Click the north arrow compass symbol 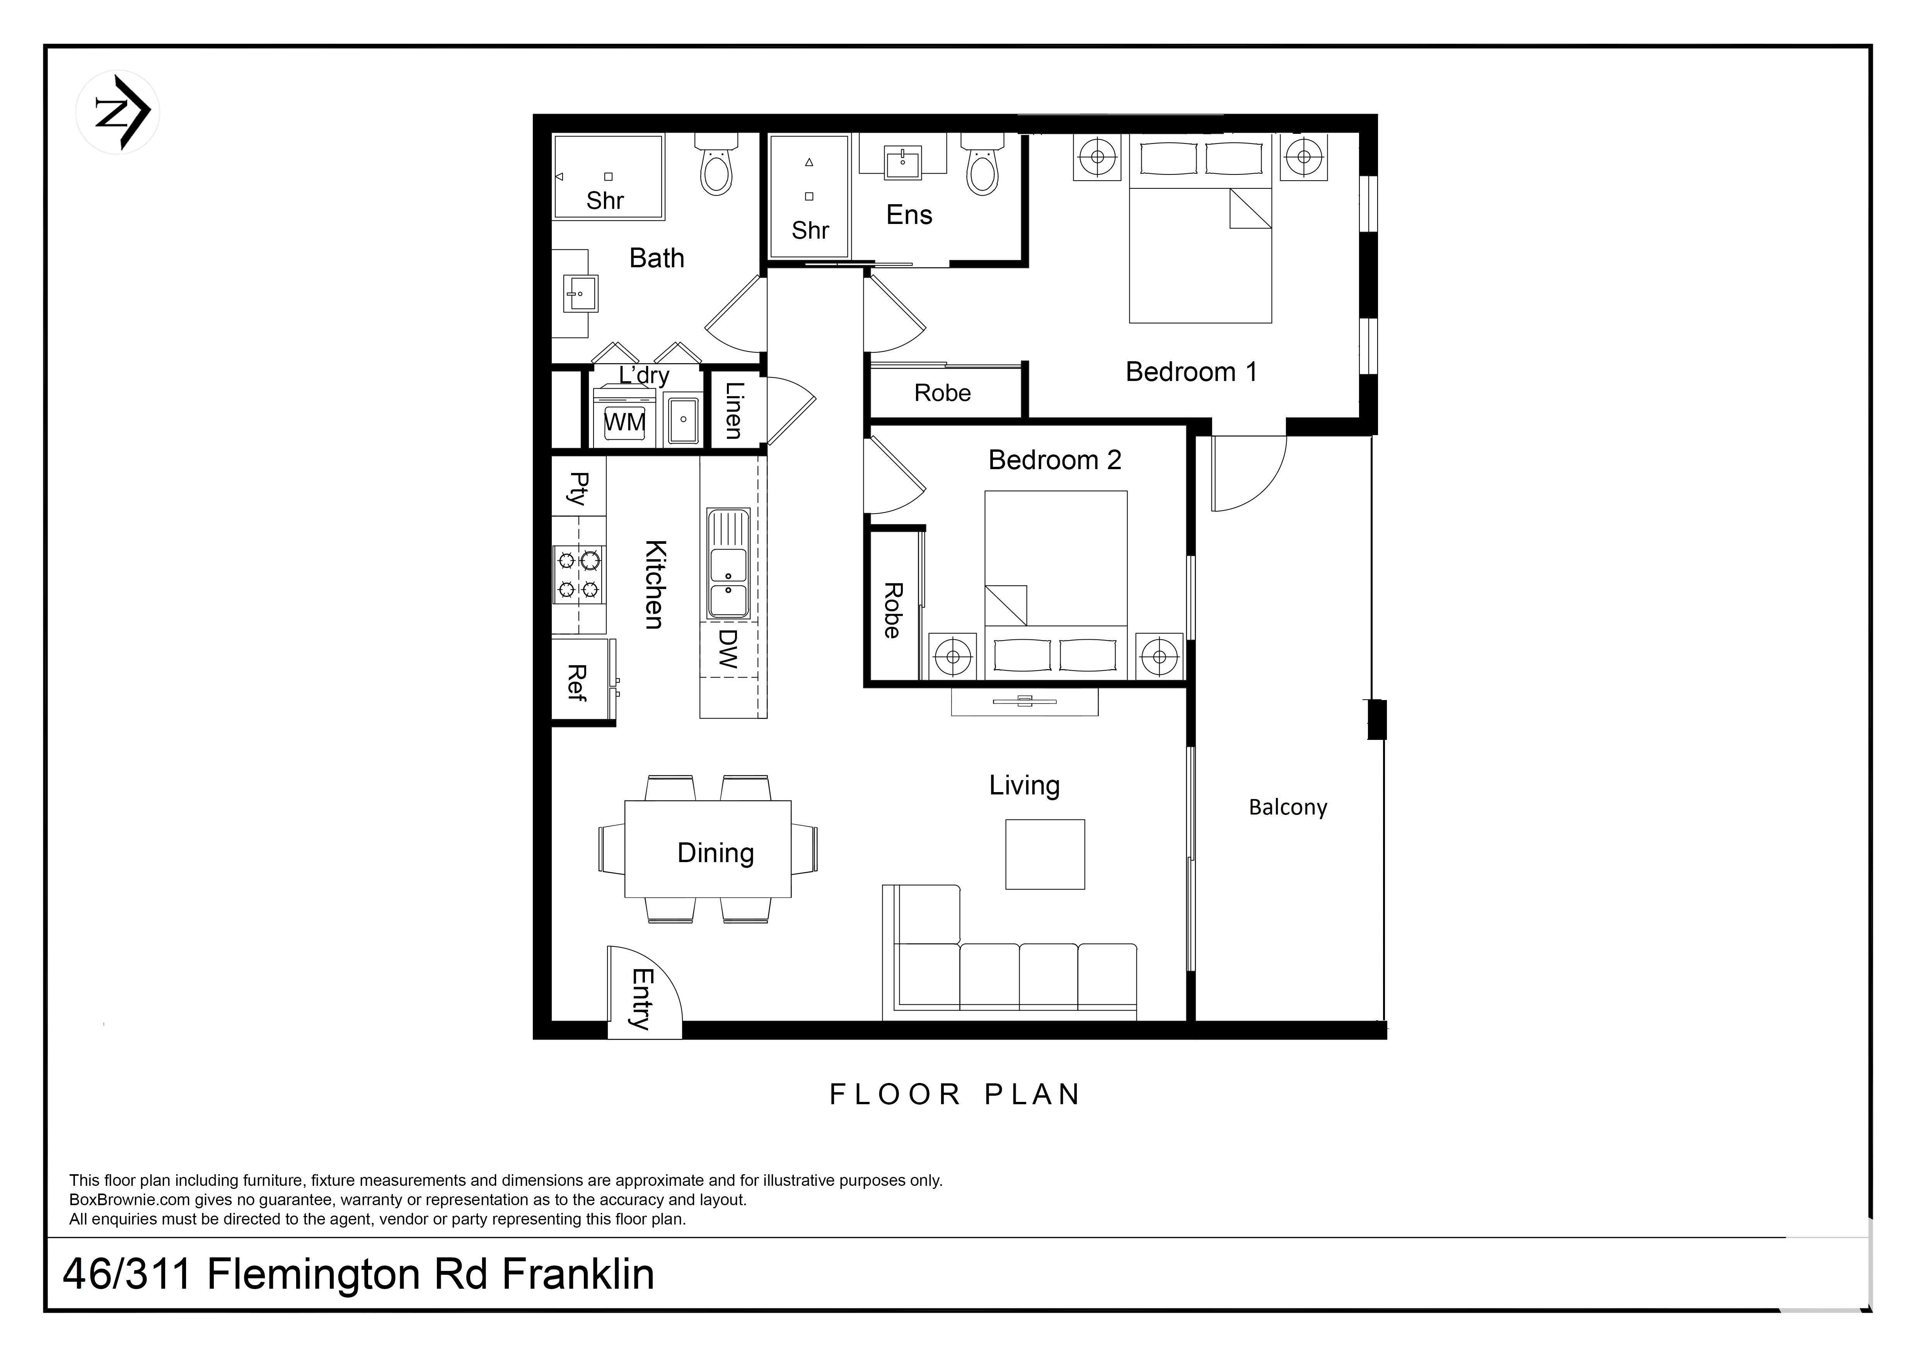click(118, 112)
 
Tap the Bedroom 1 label click(1191, 372)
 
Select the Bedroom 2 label click(1054, 460)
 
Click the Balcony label click(1288, 808)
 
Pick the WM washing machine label click(624, 422)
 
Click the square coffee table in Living click(1044, 854)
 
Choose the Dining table click(708, 849)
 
